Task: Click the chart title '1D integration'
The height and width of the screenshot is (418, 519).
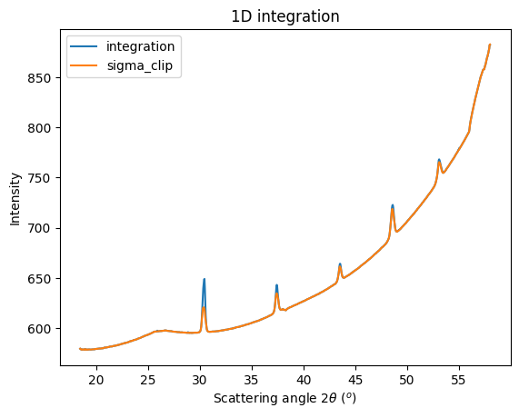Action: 286,15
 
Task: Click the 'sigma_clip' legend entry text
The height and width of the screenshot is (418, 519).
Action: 141,65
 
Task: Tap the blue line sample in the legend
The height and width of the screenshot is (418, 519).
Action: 89,46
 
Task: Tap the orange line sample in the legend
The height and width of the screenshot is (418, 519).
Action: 89,65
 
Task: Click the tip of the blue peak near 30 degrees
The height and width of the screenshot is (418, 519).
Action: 205,279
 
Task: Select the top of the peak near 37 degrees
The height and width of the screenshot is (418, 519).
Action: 276,285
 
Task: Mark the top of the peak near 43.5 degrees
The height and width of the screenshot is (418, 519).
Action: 340,264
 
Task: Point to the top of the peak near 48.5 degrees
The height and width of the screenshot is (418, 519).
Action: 393,205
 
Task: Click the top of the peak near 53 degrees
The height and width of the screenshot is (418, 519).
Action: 439,160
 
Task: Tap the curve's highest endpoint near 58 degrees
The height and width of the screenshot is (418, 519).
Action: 490,45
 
